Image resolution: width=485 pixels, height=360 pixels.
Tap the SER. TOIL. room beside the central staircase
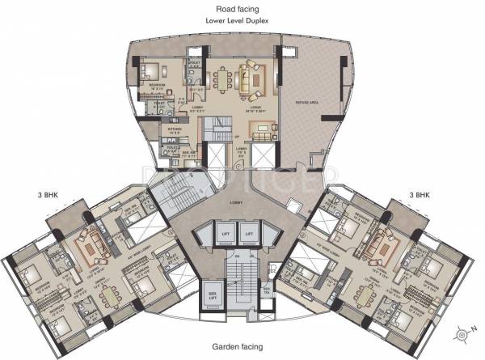[x=266, y=292]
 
